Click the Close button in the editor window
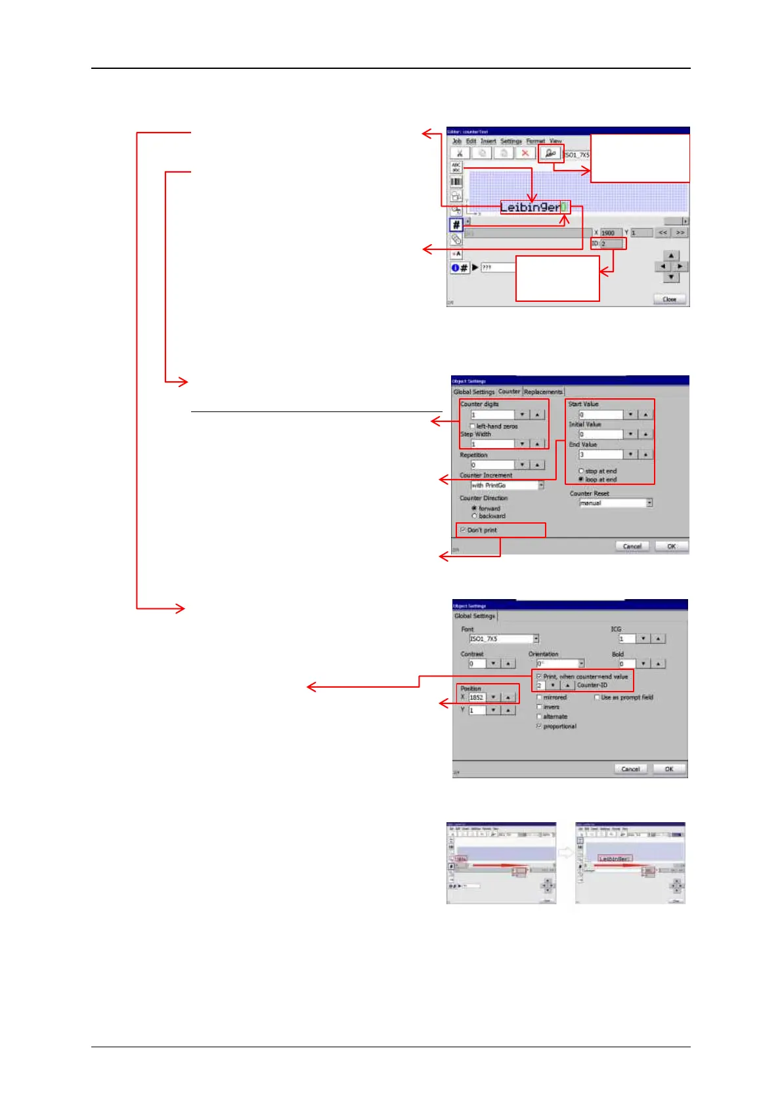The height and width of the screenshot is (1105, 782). coord(669,299)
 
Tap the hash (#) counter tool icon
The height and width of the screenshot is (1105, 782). coord(456,225)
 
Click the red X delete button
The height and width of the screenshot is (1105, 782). coord(525,154)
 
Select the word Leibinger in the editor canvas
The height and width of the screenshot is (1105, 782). coord(530,207)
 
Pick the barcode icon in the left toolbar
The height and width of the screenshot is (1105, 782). coord(456,182)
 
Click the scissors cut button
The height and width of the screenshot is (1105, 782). coord(460,154)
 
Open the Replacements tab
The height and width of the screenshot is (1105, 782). coord(543,392)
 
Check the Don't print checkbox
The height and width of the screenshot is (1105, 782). coord(463,530)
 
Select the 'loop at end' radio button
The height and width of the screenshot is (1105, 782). coord(581,480)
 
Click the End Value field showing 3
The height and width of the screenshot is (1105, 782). coord(600,454)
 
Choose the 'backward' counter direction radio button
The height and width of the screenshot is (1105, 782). coord(474,516)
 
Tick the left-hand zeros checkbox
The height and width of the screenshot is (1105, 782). coord(473,427)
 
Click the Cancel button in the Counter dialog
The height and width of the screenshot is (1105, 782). coord(632,546)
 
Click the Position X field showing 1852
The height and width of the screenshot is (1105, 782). coord(477,698)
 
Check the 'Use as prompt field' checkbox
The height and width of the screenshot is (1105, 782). coord(597,698)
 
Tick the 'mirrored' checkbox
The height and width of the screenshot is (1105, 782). coord(539,698)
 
